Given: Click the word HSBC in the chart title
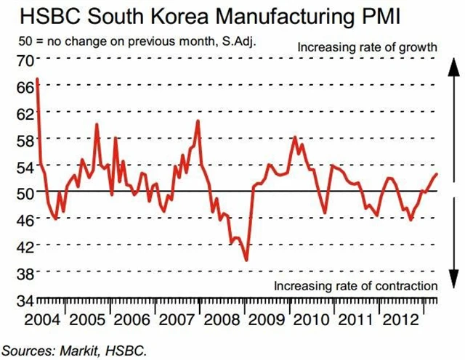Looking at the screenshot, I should (x=39, y=16).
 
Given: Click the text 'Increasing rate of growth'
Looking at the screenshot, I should (x=367, y=48).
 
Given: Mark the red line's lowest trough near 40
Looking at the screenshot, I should (x=246, y=259).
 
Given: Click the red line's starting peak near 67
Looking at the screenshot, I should (x=37, y=78).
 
